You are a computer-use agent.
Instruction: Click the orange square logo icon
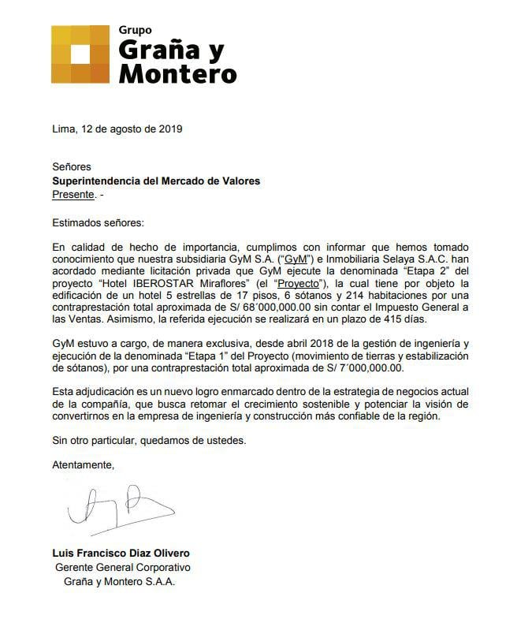(80, 54)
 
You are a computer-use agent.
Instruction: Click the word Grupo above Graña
(135, 29)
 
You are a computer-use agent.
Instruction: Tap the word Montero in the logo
(177, 73)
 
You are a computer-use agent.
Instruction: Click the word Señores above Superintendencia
(72, 166)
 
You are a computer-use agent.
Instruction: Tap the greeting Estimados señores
(99, 223)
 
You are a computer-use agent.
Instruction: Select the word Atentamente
(84, 464)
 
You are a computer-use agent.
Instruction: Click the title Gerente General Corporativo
(123, 568)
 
